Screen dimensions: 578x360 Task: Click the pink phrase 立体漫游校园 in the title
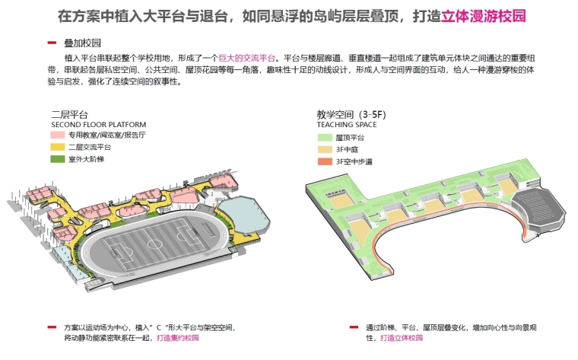click(483, 16)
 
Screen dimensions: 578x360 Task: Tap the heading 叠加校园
click(83, 43)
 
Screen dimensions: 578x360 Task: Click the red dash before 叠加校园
click(52, 43)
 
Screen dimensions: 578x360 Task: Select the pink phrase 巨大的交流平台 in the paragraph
click(247, 58)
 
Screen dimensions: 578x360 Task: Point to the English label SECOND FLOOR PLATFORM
click(98, 125)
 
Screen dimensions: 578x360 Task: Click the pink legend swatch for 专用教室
click(58, 135)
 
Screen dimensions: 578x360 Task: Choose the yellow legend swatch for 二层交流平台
click(58, 147)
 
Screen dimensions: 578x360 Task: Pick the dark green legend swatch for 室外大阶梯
click(58, 159)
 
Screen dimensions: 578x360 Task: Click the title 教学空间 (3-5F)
click(351, 115)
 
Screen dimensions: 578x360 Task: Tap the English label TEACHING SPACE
click(347, 125)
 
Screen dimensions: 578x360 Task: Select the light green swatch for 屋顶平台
click(325, 138)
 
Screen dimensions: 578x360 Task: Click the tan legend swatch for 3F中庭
click(325, 149)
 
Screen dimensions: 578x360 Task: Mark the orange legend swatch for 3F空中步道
click(325, 161)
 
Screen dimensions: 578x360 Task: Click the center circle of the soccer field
click(154, 244)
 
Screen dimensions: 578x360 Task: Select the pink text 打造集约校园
click(178, 337)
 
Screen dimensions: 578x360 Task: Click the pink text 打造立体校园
click(402, 337)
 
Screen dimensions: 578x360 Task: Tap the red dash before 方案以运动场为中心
click(52, 327)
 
